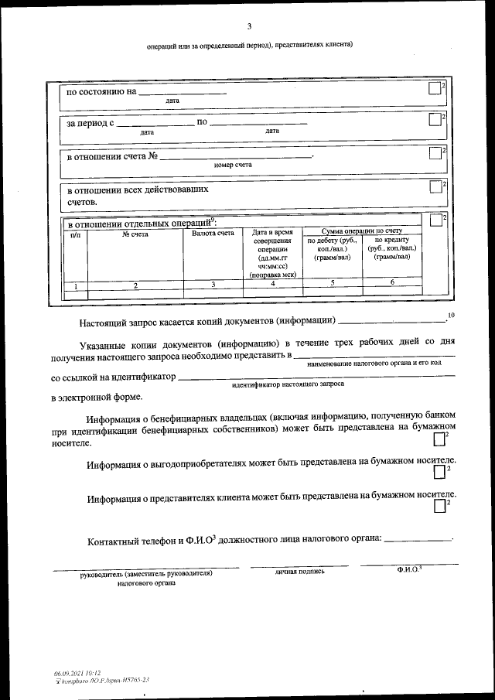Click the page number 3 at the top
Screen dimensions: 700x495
click(x=248, y=27)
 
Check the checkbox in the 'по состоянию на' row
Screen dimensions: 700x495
click(x=434, y=90)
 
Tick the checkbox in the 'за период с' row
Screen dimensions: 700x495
click(x=434, y=120)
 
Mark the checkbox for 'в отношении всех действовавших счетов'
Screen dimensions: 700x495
click(x=434, y=187)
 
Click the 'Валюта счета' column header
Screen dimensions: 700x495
click(x=213, y=233)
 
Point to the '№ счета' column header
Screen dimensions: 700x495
click(x=135, y=233)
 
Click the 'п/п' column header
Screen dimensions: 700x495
click(x=75, y=233)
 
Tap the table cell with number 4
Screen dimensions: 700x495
click(x=272, y=285)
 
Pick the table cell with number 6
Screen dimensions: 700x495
click(x=392, y=283)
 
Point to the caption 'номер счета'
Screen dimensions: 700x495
click(x=233, y=165)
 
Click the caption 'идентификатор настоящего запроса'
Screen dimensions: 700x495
click(x=288, y=384)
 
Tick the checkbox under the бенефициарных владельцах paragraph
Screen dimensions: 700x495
click(x=440, y=439)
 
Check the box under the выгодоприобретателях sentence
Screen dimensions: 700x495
click(x=440, y=472)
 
